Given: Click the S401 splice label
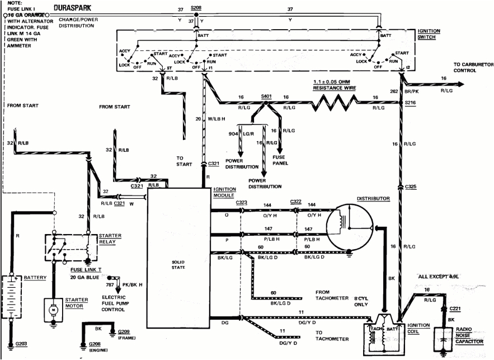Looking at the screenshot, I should tap(266, 95).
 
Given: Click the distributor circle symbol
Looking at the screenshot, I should tap(350, 225).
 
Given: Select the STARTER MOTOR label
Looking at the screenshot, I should tap(76, 303).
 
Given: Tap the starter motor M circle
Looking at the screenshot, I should tap(52, 310).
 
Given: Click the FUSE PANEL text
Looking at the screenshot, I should tap(280, 160).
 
